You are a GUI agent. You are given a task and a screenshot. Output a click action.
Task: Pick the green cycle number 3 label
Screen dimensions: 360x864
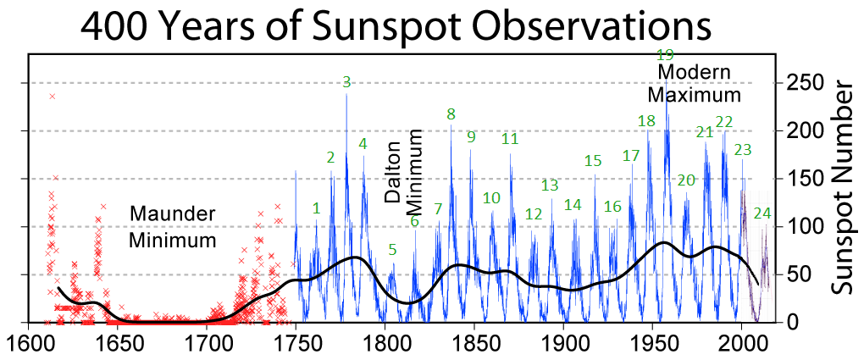pos(346,82)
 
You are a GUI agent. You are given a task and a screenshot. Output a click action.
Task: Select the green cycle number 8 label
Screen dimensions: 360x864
pos(451,114)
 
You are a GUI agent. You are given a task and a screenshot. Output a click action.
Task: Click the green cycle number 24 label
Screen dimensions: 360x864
pos(762,213)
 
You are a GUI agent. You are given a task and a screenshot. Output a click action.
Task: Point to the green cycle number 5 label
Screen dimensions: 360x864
pos(392,249)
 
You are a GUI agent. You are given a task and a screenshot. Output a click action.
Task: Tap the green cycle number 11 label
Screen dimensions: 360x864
pos(509,138)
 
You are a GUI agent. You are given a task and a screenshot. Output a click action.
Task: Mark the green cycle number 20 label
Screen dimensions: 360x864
pos(686,180)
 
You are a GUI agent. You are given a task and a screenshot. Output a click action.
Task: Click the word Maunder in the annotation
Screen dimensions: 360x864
pos(173,213)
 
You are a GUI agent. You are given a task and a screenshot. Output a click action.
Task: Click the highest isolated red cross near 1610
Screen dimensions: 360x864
pos(53,96)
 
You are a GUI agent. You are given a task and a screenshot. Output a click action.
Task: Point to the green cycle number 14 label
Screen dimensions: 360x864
pos(573,204)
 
